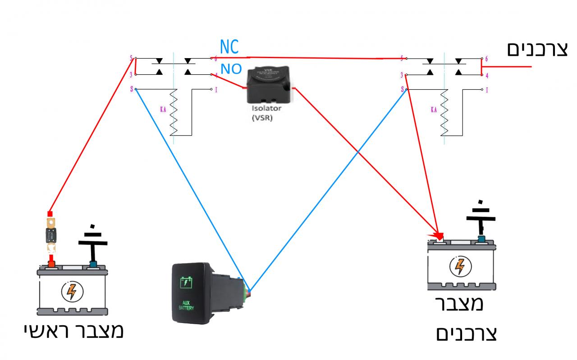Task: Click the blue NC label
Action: click(229, 47)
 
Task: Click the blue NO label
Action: click(231, 69)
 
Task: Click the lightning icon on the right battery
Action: click(460, 266)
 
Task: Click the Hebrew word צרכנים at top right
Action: click(538, 49)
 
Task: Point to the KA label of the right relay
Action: click(434, 109)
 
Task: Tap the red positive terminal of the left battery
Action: click(52, 263)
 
